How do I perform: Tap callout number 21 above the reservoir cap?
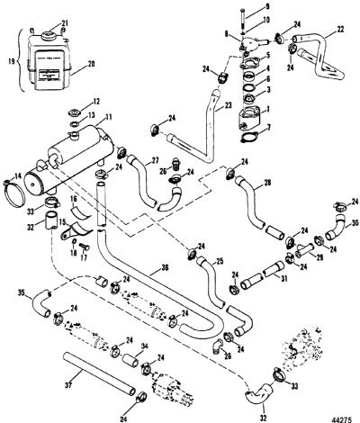[x=65, y=23]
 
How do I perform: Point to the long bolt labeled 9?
[x=242, y=18]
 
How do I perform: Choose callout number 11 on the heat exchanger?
[x=108, y=117]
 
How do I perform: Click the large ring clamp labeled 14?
[x=13, y=193]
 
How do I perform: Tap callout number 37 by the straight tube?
[x=68, y=385]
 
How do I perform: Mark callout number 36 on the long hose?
[x=166, y=267]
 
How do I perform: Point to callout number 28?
[x=267, y=182]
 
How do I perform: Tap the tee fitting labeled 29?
[x=303, y=250]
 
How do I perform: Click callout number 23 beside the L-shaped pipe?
[x=228, y=106]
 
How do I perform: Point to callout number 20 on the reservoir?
[x=91, y=64]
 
